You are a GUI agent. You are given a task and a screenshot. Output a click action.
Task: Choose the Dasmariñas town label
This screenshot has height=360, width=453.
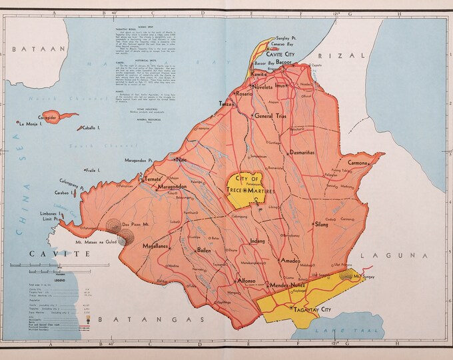(x=307, y=153)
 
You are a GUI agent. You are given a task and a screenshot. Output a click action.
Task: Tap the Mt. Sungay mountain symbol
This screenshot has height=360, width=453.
(x=347, y=274)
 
